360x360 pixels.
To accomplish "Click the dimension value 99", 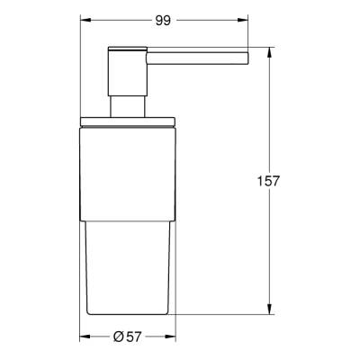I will [165, 18].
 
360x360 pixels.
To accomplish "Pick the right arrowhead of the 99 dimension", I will [245, 18].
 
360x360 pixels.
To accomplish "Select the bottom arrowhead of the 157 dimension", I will [271, 310].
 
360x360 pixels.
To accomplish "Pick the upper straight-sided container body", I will [127, 171].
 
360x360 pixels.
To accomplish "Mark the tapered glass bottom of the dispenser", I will [127, 270].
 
